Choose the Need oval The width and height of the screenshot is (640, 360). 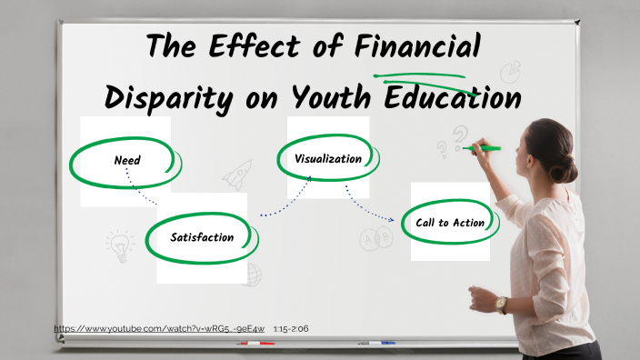[127, 160]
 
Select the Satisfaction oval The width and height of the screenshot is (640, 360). [202, 237]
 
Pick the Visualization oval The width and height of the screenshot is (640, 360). [328, 158]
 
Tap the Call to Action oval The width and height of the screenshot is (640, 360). [450, 222]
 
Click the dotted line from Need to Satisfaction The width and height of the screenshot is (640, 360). [140, 191]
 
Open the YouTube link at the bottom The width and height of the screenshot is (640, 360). [159, 328]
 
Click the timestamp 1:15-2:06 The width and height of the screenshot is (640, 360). [291, 328]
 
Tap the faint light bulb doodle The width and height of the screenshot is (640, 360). [119, 244]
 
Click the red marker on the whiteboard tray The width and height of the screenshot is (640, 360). [255, 344]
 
